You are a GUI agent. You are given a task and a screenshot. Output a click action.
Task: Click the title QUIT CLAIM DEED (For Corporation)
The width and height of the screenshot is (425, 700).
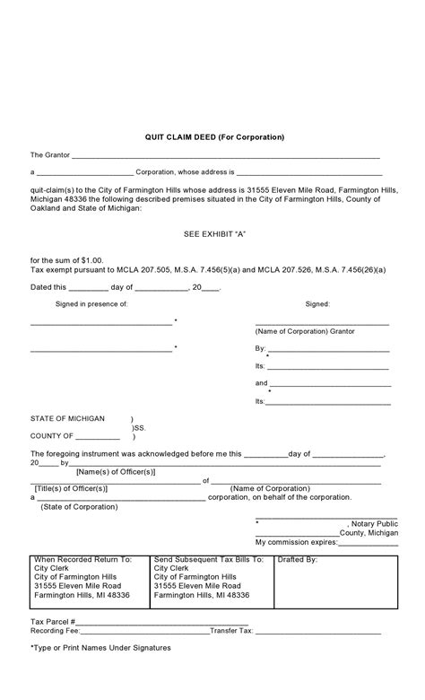[215, 137]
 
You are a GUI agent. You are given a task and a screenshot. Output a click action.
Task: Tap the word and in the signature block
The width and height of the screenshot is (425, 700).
[261, 383]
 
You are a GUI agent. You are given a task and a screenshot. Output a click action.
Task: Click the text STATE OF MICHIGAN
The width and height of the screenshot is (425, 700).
[67, 419]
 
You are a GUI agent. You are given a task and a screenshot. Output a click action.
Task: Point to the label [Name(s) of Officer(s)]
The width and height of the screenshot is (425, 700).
[116, 471]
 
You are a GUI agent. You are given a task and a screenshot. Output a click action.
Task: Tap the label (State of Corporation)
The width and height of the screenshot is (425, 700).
[79, 506]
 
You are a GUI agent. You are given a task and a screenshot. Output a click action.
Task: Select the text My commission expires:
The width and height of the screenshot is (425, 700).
[296, 542]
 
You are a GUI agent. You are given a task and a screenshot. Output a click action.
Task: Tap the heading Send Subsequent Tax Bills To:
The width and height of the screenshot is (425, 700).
[208, 559]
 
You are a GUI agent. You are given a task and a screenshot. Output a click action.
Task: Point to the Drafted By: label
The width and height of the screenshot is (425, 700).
[298, 559]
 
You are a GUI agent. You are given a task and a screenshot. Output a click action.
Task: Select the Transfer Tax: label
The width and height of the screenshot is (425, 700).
[232, 631]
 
